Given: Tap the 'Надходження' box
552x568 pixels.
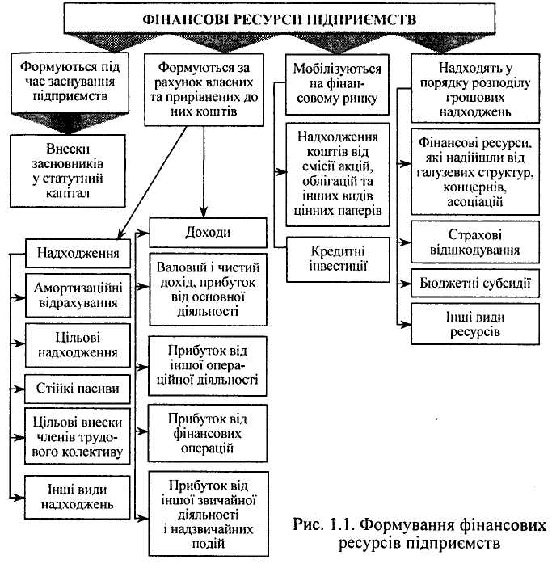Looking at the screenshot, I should [x=74, y=255].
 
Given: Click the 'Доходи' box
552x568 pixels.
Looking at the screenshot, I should [x=208, y=233].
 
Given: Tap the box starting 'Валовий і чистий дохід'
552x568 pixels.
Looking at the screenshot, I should [x=208, y=288].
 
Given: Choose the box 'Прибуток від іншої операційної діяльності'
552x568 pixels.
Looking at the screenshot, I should [x=208, y=365].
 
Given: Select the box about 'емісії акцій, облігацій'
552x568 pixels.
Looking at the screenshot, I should [x=338, y=170].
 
